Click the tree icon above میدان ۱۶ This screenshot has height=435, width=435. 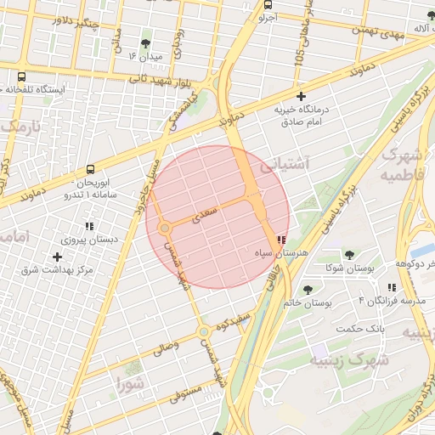pos(148,42)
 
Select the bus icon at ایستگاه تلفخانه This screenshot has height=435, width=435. pos(20,76)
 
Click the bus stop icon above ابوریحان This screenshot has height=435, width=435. pos(91,170)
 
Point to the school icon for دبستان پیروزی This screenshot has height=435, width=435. pos(88,227)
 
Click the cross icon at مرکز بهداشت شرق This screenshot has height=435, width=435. pos(57,257)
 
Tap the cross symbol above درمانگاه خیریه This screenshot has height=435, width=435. pos(301,97)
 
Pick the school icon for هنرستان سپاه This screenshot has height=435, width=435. pos(282,240)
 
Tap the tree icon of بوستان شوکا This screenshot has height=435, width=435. pos(348,255)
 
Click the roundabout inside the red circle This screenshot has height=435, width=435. pos(165,228)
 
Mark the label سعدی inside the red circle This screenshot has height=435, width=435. pos(206,212)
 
